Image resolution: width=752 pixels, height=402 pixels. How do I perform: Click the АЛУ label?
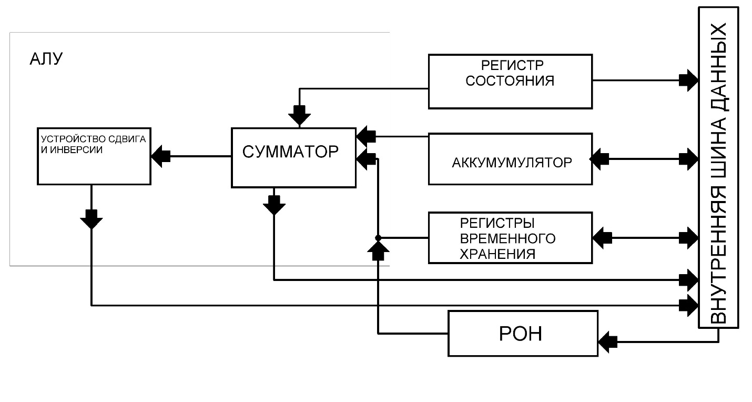click(46, 59)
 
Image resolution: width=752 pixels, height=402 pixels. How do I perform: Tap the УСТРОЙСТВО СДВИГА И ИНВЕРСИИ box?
click(94, 156)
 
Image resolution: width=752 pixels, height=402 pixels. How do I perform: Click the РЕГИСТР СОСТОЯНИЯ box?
click(510, 81)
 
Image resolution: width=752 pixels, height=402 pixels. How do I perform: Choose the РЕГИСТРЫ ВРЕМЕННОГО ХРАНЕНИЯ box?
click(510, 237)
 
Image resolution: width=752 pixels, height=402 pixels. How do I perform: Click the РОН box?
click(523, 334)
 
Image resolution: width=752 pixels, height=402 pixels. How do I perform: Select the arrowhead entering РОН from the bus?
click(607, 341)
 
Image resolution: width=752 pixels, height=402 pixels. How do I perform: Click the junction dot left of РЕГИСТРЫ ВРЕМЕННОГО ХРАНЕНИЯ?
click(378, 238)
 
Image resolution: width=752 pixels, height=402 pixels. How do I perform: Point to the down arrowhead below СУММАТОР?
click(274, 205)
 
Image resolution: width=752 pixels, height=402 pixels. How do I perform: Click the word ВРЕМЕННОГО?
click(507, 238)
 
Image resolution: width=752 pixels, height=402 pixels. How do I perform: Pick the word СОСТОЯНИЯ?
click(510, 82)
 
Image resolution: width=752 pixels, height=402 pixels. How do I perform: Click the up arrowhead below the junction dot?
click(378, 252)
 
